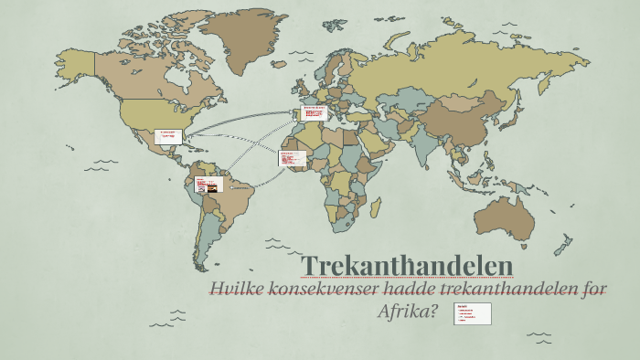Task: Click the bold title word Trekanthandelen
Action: [x=407, y=263]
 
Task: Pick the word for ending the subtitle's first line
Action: [x=595, y=290]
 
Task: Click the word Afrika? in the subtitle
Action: [x=408, y=312]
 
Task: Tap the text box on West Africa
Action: [x=291, y=158]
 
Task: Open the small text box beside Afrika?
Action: [x=474, y=313]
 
